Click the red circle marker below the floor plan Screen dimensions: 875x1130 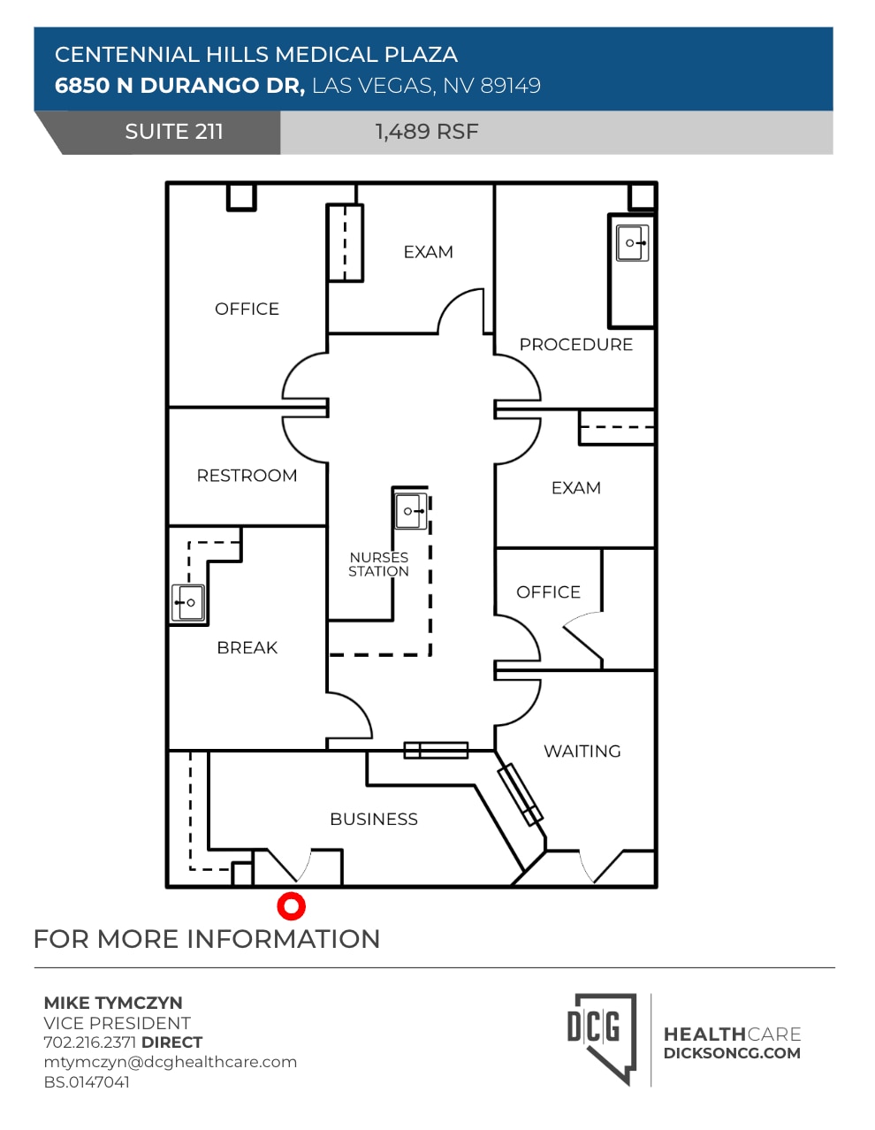[291, 906]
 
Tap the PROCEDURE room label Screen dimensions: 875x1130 [576, 344]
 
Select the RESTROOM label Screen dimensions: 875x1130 [247, 476]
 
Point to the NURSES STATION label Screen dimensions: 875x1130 [378, 564]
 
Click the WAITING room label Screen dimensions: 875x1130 [582, 751]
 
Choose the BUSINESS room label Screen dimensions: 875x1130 [374, 819]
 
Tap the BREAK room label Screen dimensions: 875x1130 [247, 647]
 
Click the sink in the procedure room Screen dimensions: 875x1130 [632, 242]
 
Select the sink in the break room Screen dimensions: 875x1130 [188, 602]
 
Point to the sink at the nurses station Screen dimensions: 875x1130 [411, 511]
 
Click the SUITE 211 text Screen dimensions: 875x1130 [174, 132]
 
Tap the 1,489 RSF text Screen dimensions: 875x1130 [427, 132]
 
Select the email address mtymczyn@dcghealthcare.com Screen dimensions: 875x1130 [170, 1062]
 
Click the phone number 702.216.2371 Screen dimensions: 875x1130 [89, 1042]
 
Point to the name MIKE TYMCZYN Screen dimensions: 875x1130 [113, 1003]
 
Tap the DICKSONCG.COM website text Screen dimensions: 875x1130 [732, 1053]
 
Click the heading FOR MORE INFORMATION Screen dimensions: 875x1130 [207, 938]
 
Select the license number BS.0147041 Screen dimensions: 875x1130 [87, 1081]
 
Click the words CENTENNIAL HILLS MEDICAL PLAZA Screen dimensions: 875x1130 [256, 55]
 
